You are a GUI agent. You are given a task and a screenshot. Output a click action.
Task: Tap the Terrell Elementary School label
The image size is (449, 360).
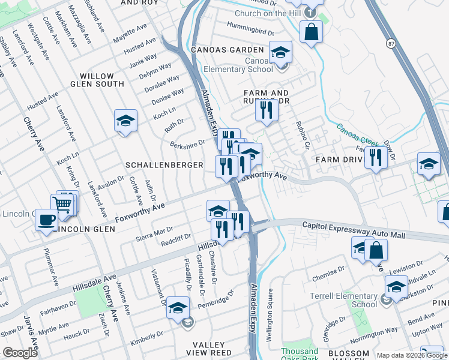click(x=343, y=300)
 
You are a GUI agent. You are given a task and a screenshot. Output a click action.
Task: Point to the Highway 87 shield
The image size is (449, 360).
click(x=391, y=44)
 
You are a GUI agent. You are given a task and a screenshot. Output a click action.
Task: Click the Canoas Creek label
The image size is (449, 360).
click(x=361, y=136)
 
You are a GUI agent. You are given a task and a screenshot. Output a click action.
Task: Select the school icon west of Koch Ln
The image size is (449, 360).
click(x=125, y=121)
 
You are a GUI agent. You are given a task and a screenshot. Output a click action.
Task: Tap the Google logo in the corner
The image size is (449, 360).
click(x=20, y=353)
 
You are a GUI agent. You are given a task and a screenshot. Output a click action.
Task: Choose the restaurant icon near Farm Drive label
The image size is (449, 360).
click(x=376, y=157)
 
